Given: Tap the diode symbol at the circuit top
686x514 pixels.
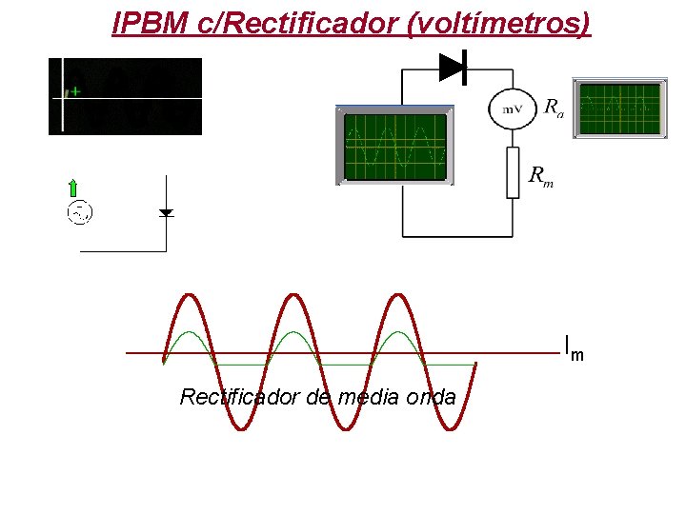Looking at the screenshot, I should tap(453, 67).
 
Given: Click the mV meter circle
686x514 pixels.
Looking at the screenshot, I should tap(512, 109).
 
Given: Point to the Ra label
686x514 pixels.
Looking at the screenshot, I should tap(553, 108).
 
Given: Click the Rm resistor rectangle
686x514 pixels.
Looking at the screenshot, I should tap(513, 172).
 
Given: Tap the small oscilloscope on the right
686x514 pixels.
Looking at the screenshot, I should tap(619, 108).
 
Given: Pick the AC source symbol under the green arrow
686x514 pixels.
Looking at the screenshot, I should tap(79, 212).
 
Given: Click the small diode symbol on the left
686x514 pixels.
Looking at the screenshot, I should tap(166, 212).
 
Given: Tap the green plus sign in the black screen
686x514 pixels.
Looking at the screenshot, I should tap(74, 92).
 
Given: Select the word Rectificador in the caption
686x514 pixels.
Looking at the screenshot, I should tap(241, 397).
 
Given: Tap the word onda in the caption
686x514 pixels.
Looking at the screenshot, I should tap(431, 397).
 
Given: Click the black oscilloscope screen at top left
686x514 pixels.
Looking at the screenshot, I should tap(126, 96).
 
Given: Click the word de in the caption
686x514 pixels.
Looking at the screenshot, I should tap(319, 397).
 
